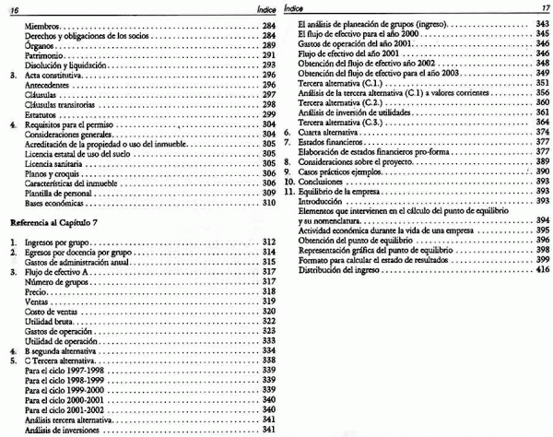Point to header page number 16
[13, 7]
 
